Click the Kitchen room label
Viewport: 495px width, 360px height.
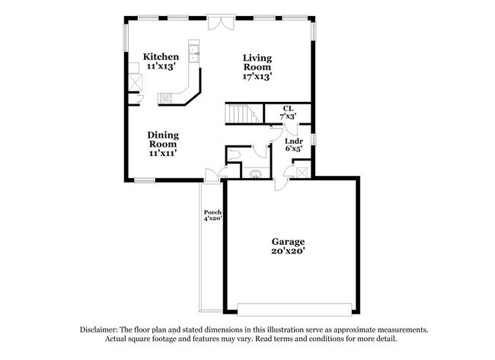point(161,57)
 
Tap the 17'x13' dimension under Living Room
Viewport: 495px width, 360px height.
point(257,76)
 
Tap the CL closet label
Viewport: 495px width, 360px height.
point(288,109)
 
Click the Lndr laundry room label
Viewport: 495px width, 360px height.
point(294,140)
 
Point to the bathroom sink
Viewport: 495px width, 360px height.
point(255,174)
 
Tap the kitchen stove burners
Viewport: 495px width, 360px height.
point(165,97)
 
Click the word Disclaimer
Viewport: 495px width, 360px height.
point(104,330)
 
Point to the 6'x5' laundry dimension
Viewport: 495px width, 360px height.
point(294,149)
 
